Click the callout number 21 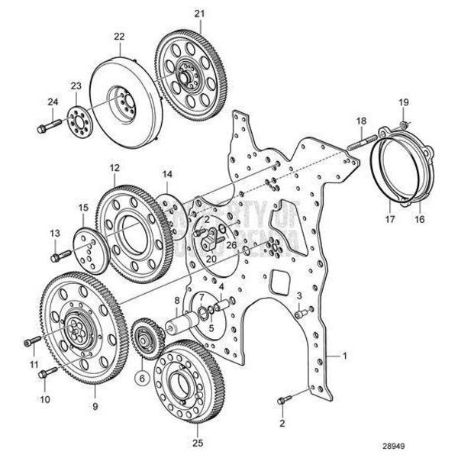[199, 14]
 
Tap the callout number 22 [119, 36]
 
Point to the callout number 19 [404, 102]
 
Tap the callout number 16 [418, 219]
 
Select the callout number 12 [114, 166]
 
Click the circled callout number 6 [141, 376]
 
